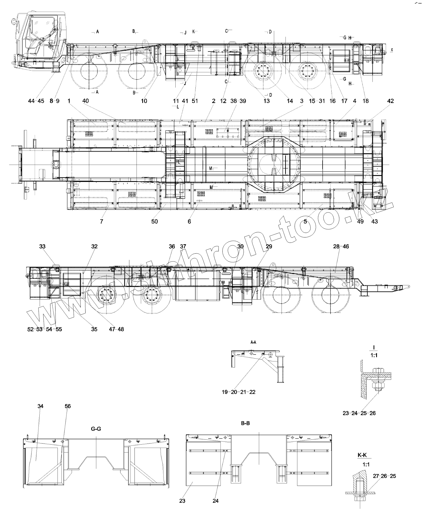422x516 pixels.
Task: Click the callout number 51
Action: [x=195, y=101]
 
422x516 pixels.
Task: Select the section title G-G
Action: [x=96, y=429]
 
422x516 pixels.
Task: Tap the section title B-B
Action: [x=245, y=423]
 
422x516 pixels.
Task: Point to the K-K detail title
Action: [x=362, y=455]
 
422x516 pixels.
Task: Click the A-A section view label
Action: [x=253, y=342]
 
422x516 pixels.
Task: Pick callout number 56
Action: [x=67, y=406]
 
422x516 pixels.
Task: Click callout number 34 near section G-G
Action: [x=41, y=406]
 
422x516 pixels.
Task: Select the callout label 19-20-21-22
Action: [x=238, y=392]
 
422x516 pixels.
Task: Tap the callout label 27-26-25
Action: [x=384, y=476]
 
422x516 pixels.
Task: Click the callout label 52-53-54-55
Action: [x=44, y=329]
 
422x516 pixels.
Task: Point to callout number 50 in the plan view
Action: [x=154, y=221]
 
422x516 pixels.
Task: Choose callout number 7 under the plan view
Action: [x=101, y=221]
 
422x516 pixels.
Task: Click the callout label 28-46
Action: [x=341, y=246]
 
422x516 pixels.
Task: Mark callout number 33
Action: [x=42, y=246]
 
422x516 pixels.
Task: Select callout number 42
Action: [x=390, y=101]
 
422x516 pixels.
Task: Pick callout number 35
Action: [x=94, y=329]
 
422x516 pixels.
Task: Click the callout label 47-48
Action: [x=117, y=329]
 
